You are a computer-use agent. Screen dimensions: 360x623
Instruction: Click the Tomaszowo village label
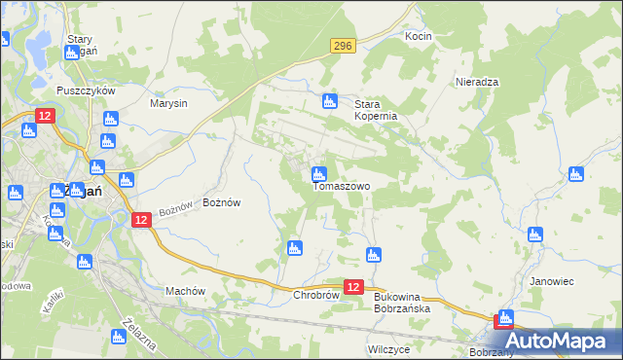point(341,186)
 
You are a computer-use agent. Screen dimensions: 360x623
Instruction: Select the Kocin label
point(418,36)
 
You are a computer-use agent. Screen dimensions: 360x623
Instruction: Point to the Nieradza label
point(477,83)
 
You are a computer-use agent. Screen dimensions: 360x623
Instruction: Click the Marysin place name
point(168,102)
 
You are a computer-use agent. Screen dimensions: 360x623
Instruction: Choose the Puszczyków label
point(87,90)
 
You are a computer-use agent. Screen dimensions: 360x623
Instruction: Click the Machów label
point(185,291)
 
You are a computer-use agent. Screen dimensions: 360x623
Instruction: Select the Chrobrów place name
point(315,295)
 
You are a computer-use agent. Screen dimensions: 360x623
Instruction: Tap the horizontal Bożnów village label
point(221,202)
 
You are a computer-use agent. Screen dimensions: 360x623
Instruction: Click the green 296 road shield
point(342,46)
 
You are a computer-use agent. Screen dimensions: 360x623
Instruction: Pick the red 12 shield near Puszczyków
point(46,116)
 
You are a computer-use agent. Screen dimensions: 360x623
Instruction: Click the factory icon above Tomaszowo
point(318,174)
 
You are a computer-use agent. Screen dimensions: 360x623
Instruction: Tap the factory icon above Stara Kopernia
point(330,100)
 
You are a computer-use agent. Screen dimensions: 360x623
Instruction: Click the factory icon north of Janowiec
point(534,234)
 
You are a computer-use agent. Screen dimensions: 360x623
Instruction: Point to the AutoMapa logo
point(560,341)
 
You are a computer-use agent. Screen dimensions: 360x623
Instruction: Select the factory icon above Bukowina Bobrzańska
point(373,255)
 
